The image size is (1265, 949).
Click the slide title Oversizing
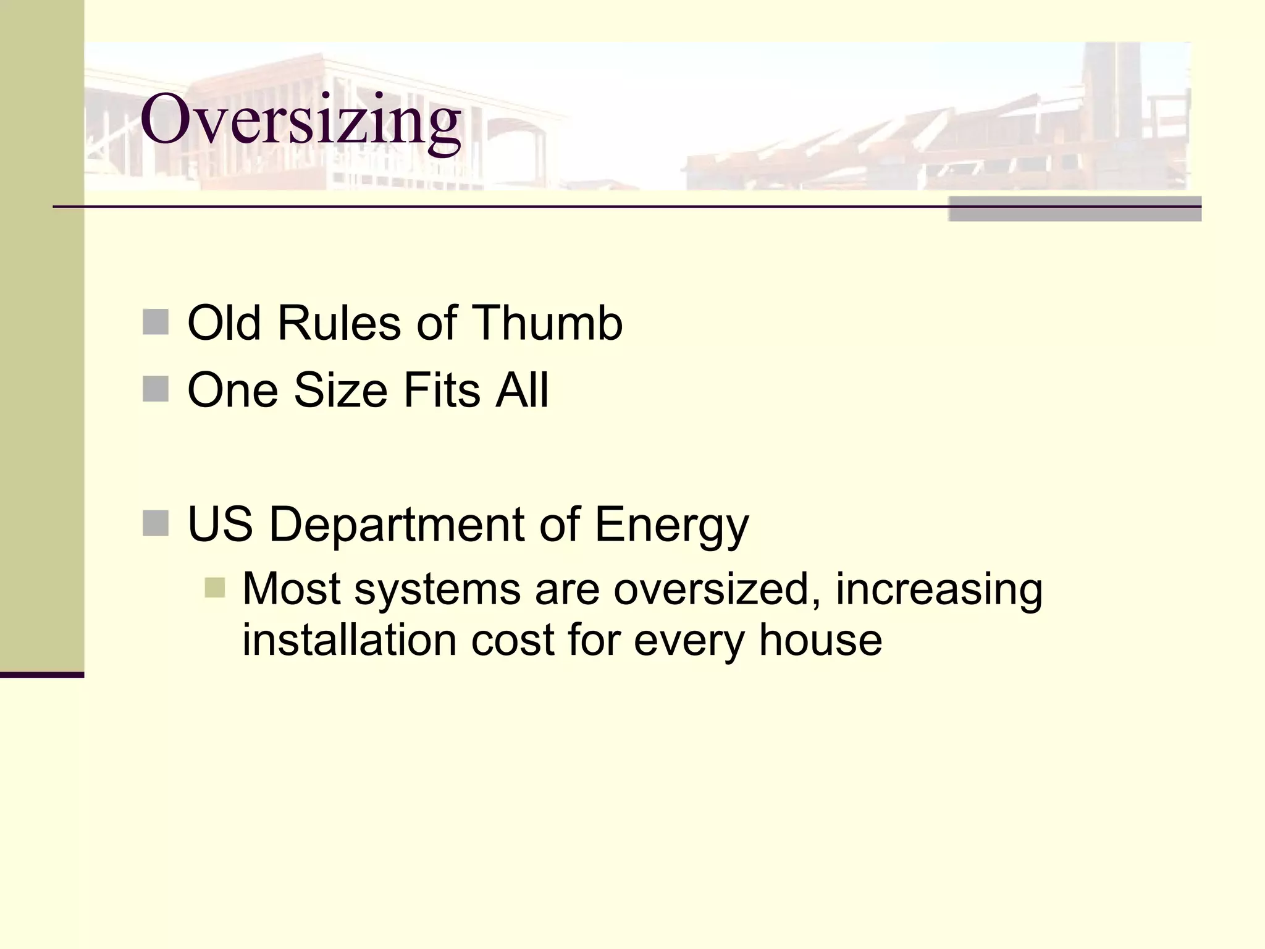300,120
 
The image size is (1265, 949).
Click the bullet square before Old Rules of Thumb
156,322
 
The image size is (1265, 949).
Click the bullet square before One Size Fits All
156,389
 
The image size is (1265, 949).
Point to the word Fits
441,390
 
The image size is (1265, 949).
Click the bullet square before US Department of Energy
156,523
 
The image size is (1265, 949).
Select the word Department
396,524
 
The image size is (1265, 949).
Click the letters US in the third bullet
220,524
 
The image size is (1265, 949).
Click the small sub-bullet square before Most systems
214,588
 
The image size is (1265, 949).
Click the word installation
349,640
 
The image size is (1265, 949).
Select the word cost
513,640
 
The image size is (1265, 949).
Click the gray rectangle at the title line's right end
1075,209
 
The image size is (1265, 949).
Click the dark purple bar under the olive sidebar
42,675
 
